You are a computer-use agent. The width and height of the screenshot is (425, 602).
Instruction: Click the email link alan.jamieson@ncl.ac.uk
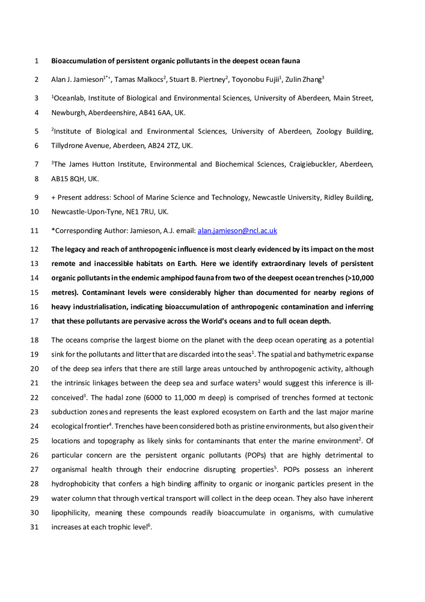(237, 231)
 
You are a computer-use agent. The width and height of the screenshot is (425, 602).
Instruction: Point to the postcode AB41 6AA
(155, 113)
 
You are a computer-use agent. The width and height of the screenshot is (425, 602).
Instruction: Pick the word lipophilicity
(72, 513)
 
